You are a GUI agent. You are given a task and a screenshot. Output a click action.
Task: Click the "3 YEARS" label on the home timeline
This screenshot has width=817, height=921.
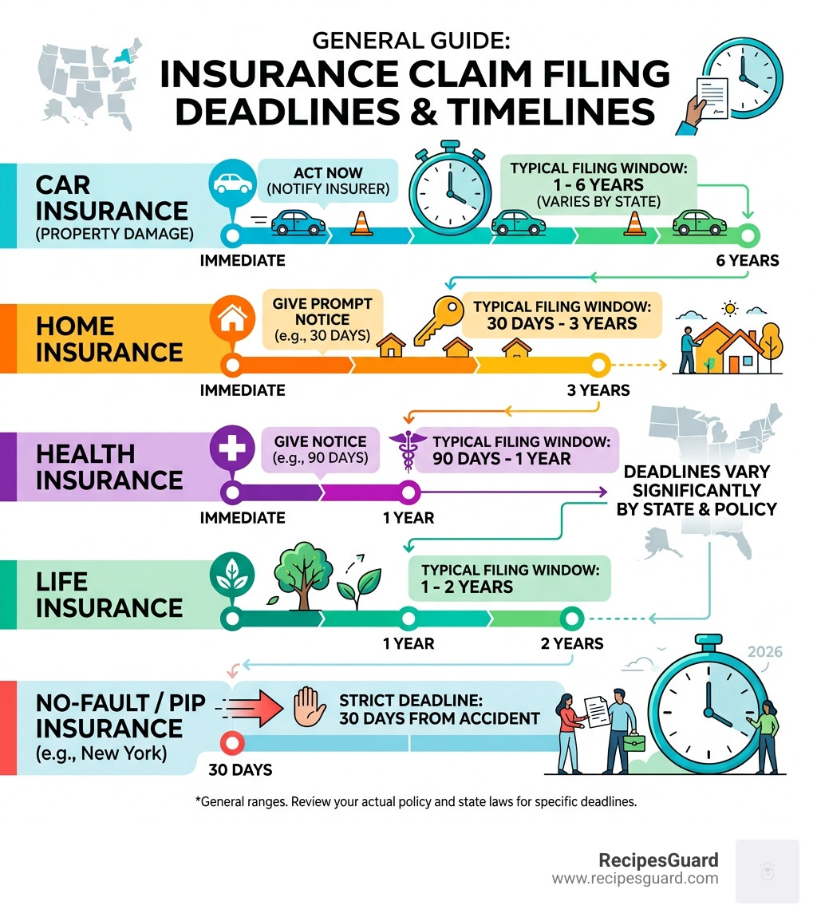598,390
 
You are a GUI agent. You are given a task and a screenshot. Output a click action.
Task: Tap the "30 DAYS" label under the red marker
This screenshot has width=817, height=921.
240,770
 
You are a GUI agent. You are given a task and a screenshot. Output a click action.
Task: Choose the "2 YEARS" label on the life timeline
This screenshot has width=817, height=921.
571,643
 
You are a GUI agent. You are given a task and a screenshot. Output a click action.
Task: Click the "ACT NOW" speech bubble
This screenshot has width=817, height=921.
328,181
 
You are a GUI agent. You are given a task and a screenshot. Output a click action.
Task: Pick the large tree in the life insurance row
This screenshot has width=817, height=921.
297,571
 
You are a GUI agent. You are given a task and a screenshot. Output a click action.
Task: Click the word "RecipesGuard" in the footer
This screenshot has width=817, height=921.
658,860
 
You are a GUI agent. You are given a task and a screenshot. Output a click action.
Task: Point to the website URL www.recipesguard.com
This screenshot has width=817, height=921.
635,879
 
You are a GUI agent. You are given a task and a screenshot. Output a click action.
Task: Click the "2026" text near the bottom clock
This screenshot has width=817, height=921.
765,652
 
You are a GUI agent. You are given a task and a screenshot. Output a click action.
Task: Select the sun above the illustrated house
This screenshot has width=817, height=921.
728,308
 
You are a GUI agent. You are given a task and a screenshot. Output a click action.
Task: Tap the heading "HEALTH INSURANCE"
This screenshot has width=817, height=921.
97,467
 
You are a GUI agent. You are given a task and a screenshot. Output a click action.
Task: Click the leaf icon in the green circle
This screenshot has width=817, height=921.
231,577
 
